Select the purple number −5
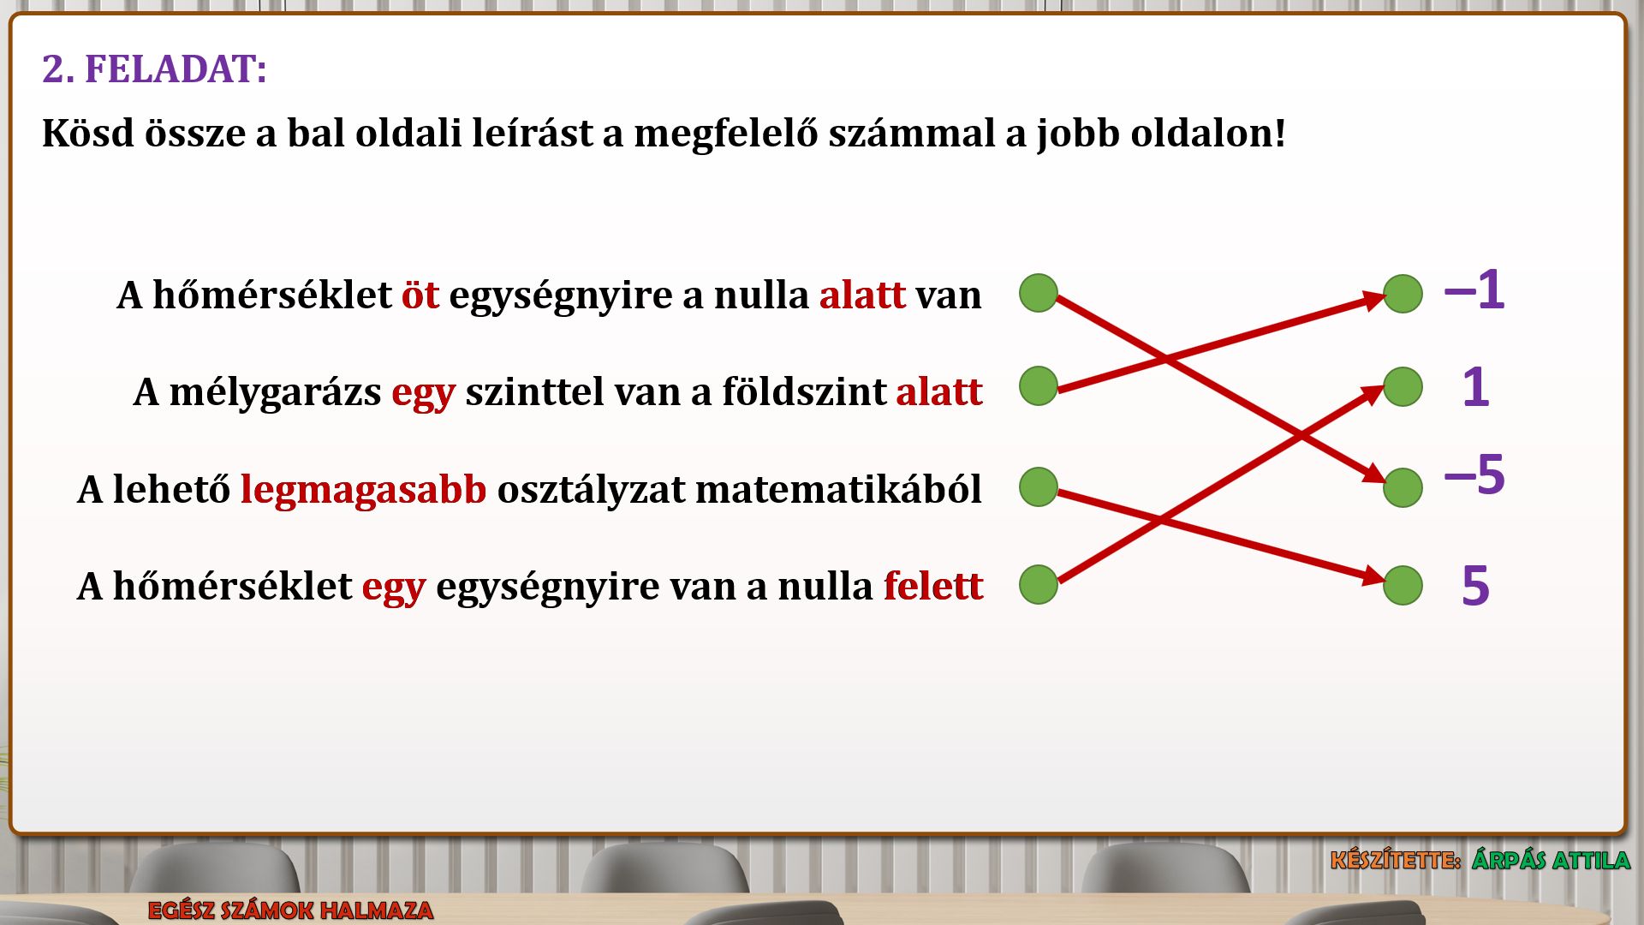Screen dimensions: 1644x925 (x=1474, y=474)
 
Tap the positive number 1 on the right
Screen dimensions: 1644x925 (x=1475, y=387)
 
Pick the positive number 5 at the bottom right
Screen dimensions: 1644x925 (x=1475, y=586)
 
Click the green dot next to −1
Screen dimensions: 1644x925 (x=1403, y=294)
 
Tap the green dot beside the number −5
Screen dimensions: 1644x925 (x=1403, y=487)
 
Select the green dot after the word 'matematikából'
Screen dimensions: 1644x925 (x=1039, y=486)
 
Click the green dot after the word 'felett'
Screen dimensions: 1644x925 (x=1039, y=584)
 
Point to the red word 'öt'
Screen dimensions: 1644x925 (x=420, y=295)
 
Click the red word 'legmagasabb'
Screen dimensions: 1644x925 (x=363, y=490)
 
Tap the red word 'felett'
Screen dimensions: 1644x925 (x=933, y=586)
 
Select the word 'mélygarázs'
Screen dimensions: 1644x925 (x=275, y=392)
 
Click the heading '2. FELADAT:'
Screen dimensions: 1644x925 (x=154, y=69)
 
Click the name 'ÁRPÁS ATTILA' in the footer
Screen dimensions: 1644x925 (x=1551, y=859)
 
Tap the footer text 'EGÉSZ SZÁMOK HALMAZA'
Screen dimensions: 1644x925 (x=290, y=910)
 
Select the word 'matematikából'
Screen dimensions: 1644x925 (x=838, y=490)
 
